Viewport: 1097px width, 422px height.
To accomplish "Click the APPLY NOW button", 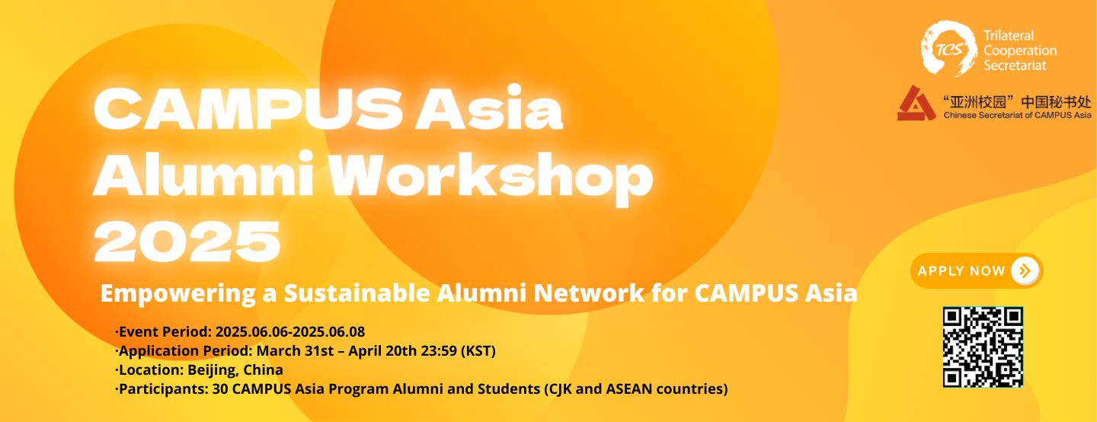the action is pos(977,270).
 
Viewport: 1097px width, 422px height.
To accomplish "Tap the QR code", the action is pos(983,347).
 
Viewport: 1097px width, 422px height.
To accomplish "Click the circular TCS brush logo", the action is pos(948,49).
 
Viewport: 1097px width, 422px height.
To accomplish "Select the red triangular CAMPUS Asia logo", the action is pos(916,104).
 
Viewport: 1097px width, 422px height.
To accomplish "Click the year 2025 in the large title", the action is pos(187,241).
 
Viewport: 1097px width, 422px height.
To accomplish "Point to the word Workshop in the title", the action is pos(491,178).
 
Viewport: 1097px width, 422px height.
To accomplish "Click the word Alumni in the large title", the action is pos(203,174).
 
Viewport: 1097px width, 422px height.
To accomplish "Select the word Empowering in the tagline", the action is pos(178,294).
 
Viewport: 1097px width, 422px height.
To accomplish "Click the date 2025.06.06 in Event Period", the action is pos(253,332).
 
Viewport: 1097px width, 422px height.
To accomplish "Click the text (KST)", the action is pos(478,351).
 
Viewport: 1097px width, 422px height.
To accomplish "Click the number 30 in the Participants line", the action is pos(220,389).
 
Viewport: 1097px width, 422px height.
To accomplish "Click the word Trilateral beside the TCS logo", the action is pos(1009,36).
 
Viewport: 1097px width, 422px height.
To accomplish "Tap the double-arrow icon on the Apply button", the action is pos(1025,270).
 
